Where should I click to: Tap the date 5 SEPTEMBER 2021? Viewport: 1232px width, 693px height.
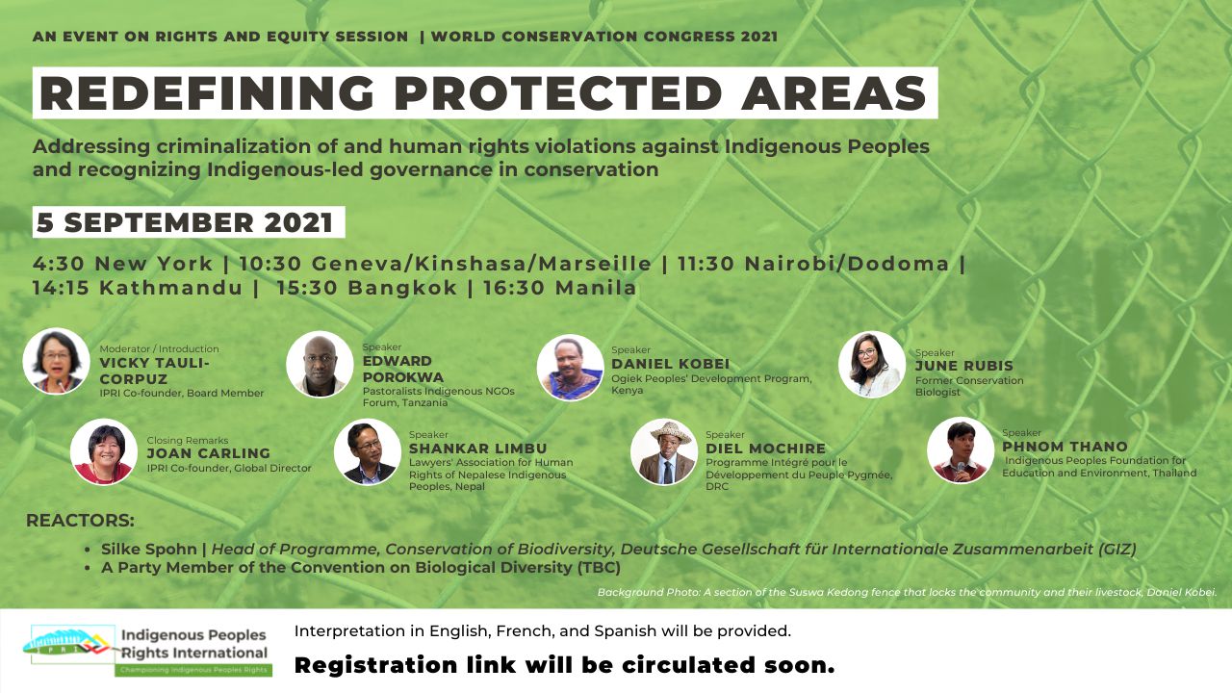[x=185, y=222]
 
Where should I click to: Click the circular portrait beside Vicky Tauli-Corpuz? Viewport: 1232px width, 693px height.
[x=56, y=361]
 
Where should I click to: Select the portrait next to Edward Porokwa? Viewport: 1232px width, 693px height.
[x=320, y=364]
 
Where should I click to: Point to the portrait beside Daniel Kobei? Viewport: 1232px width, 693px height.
[x=571, y=368]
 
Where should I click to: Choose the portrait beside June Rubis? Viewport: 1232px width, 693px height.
[x=872, y=365]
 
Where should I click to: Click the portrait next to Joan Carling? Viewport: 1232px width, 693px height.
[x=104, y=452]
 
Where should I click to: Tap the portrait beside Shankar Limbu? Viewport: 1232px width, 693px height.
[x=368, y=452]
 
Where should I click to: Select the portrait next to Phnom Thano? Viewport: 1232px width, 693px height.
[x=961, y=450]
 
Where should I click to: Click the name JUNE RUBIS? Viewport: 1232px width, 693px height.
[x=963, y=366]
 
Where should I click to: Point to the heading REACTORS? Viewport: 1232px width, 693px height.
[x=80, y=521]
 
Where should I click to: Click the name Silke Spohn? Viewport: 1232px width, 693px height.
[x=148, y=549]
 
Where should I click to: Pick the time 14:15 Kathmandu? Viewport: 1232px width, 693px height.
[x=138, y=288]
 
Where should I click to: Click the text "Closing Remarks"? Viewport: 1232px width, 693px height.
[x=187, y=441]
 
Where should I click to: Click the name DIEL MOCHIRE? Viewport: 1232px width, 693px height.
[x=765, y=449]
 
